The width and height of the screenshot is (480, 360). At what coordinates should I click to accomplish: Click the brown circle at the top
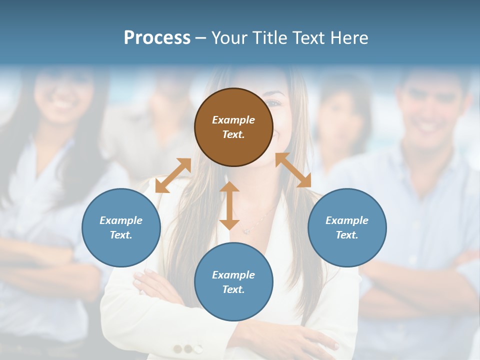[233, 127]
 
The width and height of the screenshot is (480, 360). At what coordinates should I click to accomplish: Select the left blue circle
[121, 227]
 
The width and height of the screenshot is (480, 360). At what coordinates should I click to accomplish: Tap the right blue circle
[347, 227]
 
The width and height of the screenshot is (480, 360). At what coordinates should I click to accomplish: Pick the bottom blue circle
[233, 282]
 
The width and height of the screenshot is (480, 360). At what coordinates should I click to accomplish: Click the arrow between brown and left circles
[173, 175]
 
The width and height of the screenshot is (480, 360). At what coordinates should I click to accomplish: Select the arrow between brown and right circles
[293, 170]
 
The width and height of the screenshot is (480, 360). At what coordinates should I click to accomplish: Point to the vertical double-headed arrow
[229, 205]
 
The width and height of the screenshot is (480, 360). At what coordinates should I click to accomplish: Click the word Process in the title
[157, 37]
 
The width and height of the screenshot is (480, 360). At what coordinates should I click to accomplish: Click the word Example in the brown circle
[233, 120]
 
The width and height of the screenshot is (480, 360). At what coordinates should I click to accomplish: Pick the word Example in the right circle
[347, 220]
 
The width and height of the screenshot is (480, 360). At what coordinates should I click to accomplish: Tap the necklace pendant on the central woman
[246, 231]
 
